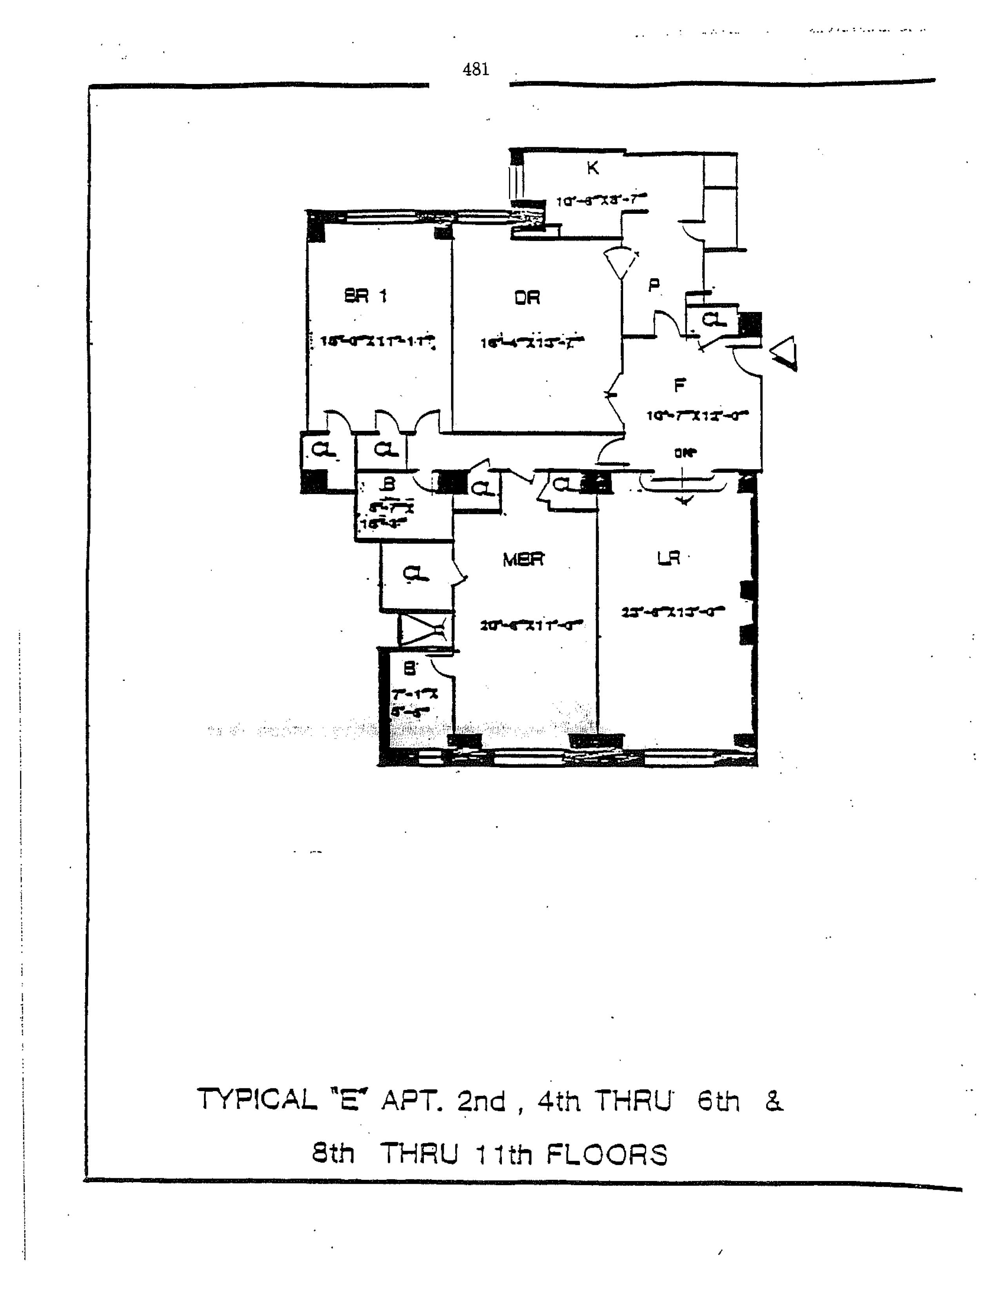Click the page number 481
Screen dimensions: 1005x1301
click(x=476, y=70)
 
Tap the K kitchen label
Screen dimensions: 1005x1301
click(x=592, y=169)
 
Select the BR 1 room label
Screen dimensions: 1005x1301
click(x=365, y=295)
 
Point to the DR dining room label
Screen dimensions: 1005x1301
click(x=527, y=297)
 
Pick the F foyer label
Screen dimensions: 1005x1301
click(x=679, y=386)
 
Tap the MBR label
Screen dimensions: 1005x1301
click(x=523, y=559)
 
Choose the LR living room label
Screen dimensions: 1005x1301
click(x=668, y=558)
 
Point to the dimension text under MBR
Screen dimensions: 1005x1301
click(x=531, y=625)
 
